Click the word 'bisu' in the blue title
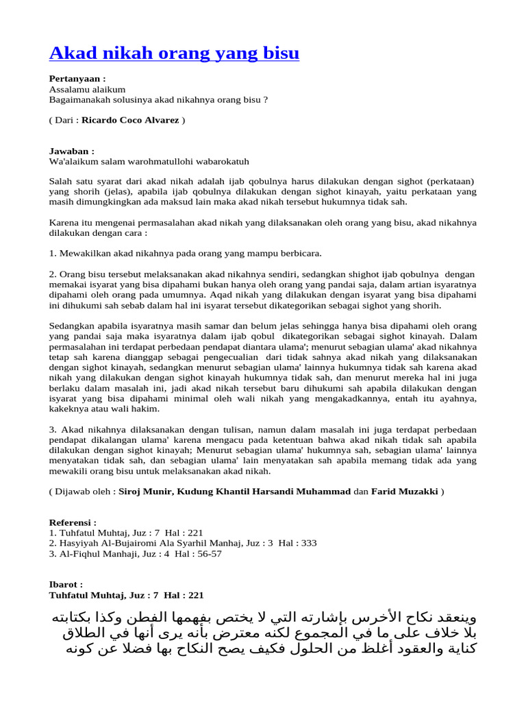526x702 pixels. point(278,53)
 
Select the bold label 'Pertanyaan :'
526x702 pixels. point(77,79)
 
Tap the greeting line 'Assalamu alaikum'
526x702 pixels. point(87,89)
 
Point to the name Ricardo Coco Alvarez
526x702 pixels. point(130,120)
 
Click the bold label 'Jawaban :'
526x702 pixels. point(71,151)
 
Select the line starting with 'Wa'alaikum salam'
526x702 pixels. point(149,161)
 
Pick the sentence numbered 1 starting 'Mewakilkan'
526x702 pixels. point(185,254)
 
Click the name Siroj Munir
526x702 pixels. point(145,492)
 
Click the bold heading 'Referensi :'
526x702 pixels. point(73,522)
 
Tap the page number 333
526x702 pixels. point(308,543)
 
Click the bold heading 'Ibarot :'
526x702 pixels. point(66,585)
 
